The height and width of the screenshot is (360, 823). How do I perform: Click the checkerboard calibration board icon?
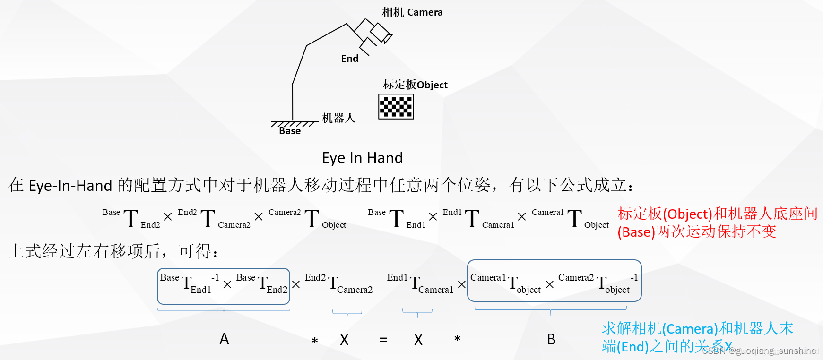pyautogui.click(x=396, y=106)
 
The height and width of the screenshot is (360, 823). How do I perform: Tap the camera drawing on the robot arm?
pyautogui.click(x=380, y=33)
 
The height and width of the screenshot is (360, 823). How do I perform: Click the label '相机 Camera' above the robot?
pyautogui.click(x=412, y=12)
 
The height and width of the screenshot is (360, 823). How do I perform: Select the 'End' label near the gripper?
pyautogui.click(x=350, y=59)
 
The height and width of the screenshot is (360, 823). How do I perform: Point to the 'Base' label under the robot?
pyautogui.click(x=290, y=131)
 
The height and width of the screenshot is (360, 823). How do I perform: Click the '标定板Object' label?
pyautogui.click(x=415, y=85)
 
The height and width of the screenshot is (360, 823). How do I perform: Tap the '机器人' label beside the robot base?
pyautogui.click(x=338, y=118)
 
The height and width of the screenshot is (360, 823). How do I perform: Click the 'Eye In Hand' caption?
pyautogui.click(x=362, y=158)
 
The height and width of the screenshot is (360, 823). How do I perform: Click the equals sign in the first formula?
pyautogui.click(x=356, y=215)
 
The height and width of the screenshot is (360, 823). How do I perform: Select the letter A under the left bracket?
pyautogui.click(x=224, y=339)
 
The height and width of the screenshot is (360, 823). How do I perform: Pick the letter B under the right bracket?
pyautogui.click(x=551, y=339)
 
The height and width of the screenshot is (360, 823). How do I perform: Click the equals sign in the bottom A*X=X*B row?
pyautogui.click(x=383, y=340)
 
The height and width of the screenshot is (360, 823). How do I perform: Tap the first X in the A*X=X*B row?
pyautogui.click(x=344, y=340)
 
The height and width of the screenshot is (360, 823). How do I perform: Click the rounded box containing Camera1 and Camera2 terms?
pyautogui.click(x=554, y=281)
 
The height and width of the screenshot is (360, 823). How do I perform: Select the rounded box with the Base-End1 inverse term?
pyautogui.click(x=224, y=286)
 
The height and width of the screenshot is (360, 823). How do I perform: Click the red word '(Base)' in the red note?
pyautogui.click(x=636, y=232)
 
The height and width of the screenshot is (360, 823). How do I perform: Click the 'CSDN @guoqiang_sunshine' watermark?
pyautogui.click(x=759, y=351)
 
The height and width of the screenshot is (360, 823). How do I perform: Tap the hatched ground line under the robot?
pyautogui.click(x=294, y=124)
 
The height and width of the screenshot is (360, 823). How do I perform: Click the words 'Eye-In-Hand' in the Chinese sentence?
pyautogui.click(x=70, y=185)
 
